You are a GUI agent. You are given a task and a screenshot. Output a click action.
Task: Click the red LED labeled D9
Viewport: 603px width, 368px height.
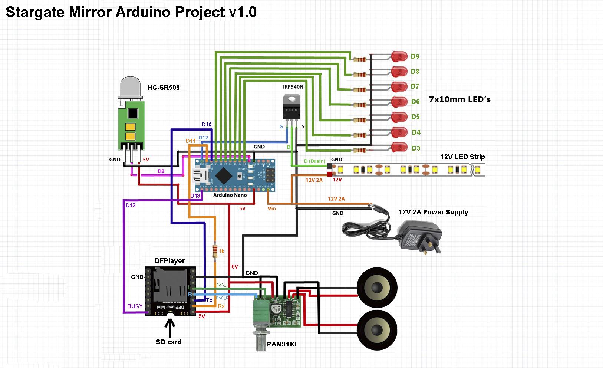(399, 56)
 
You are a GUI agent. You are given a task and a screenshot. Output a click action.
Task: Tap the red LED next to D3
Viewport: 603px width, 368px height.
(399, 148)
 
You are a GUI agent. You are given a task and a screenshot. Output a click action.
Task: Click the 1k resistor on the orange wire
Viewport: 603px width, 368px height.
(215, 251)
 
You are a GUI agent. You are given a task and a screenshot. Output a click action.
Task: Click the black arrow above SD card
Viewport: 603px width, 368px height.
(170, 327)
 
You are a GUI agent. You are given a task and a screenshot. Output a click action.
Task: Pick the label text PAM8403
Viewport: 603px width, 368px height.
(281, 344)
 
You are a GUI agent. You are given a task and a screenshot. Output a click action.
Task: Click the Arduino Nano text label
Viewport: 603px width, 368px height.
(230, 195)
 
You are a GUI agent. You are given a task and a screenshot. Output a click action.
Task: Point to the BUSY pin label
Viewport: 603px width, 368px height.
(135, 306)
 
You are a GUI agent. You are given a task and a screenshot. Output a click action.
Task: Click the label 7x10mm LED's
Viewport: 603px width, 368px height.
(459, 99)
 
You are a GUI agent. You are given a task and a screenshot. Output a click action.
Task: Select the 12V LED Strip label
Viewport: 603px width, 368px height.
(462, 157)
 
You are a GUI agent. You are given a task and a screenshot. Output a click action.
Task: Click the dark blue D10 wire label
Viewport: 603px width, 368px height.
(207, 125)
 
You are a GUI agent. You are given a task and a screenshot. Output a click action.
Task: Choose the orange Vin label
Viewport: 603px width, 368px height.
(272, 208)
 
